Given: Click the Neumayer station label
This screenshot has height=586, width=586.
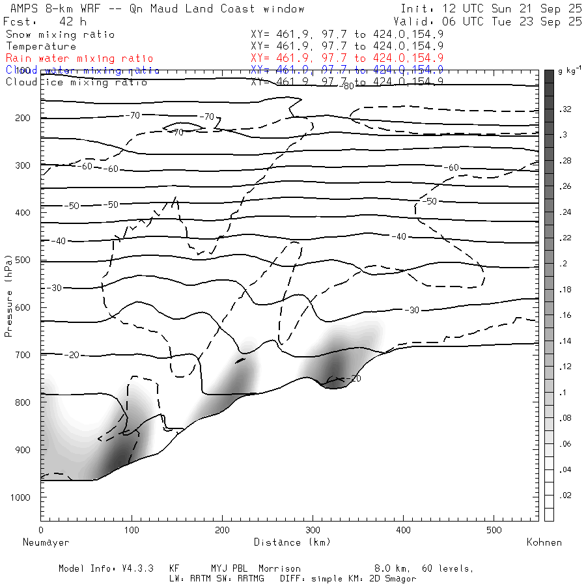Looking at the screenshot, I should coord(46,542).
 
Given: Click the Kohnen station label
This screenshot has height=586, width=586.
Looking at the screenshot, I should coord(545,542).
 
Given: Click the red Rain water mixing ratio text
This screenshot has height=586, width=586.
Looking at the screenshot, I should coord(79,58).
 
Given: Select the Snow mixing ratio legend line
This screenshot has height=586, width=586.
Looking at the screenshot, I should coord(60,35).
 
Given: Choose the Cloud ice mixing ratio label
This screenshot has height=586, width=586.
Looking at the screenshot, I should coord(76,81).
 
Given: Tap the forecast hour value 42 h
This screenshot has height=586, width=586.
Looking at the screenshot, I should coord(68,21).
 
